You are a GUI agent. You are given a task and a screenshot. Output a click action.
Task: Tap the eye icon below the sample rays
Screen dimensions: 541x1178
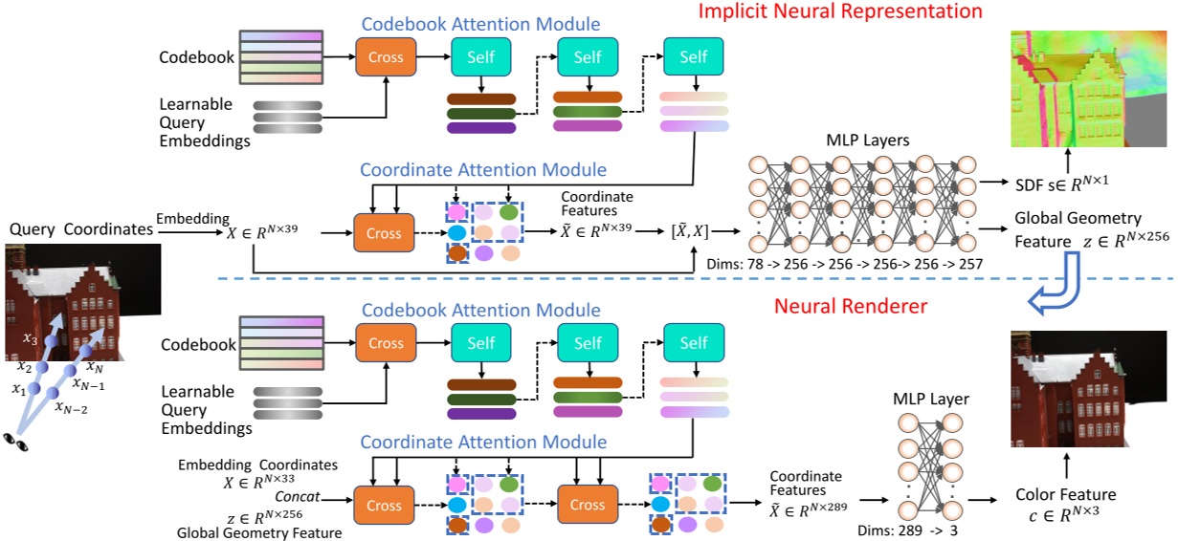(x=15, y=441)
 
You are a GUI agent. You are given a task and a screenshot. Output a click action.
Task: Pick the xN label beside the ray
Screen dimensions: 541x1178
(x=95, y=366)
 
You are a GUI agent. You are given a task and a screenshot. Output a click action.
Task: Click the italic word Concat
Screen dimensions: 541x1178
(x=297, y=497)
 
